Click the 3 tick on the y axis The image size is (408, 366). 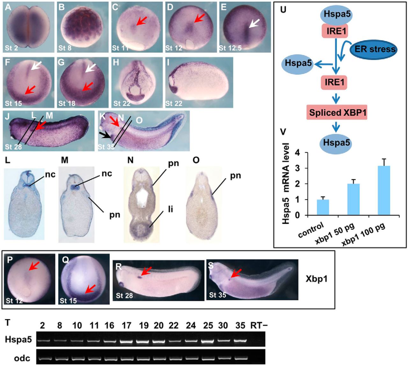pyautogui.click(x=298, y=168)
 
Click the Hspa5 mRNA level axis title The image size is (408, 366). pyautogui.click(x=286, y=184)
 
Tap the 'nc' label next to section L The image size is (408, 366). pyautogui.click(x=50, y=174)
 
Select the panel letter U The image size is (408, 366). pyautogui.click(x=283, y=9)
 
